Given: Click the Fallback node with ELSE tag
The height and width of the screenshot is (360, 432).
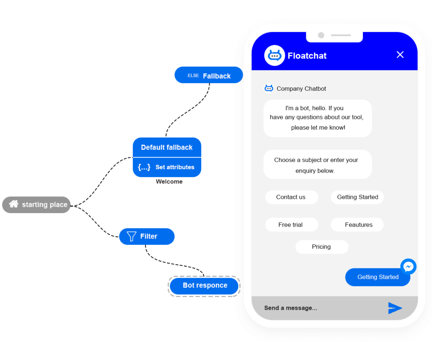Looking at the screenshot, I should [209, 76].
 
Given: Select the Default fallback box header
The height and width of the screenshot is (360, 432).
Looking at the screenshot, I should [167, 147].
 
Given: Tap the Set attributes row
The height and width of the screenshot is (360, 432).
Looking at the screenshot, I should [167, 167].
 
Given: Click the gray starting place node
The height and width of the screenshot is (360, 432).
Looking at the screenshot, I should [36, 205].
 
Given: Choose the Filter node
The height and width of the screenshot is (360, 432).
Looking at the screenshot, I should [147, 236].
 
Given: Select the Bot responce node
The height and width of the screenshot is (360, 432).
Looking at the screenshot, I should [205, 286].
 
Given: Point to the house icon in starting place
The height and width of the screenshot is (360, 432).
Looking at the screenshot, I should [14, 204].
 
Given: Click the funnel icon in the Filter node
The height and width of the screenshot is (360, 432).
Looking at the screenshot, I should [132, 236].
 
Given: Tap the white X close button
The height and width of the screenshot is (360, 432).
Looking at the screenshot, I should [400, 54].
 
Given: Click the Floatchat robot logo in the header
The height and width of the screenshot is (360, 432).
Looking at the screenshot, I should [275, 55].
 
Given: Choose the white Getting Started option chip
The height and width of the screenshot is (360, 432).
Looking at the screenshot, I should [357, 197].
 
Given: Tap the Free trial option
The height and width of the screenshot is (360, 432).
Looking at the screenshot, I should [291, 225].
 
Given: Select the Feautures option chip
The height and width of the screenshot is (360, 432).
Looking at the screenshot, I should [358, 225].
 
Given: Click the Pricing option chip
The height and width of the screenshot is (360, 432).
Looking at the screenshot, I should [321, 247].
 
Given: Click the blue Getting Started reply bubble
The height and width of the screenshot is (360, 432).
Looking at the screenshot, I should [377, 277].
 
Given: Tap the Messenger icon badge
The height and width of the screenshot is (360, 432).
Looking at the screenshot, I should [408, 267].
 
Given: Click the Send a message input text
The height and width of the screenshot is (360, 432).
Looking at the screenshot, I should [291, 308].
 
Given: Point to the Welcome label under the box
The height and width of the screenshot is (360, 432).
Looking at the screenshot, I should [169, 182].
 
